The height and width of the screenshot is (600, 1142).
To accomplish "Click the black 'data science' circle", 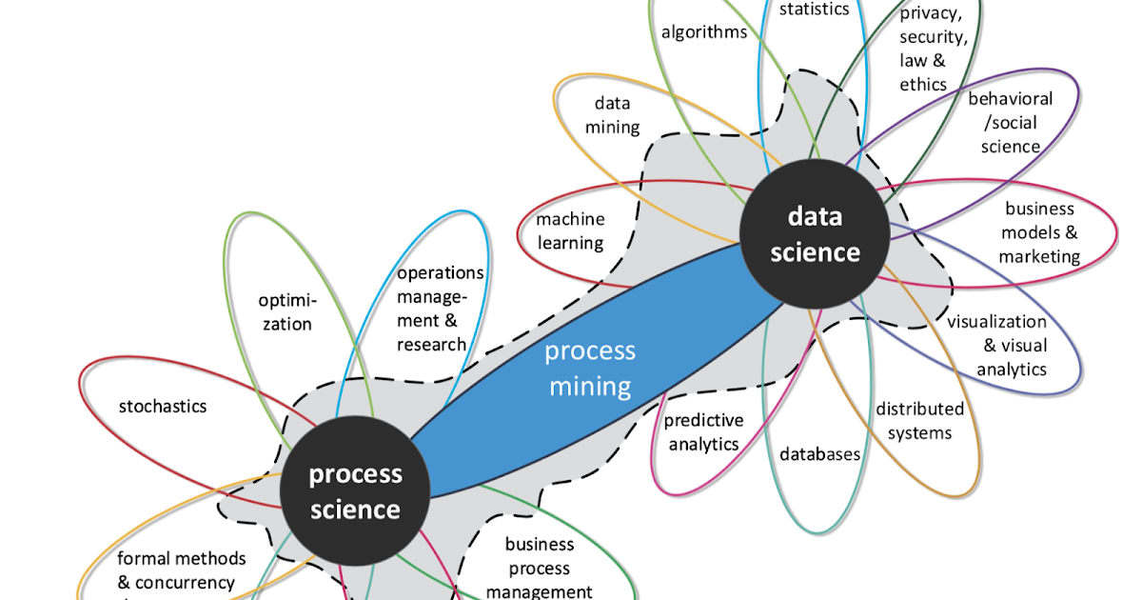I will click(x=815, y=234).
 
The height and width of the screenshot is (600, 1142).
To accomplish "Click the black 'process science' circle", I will click(x=354, y=491).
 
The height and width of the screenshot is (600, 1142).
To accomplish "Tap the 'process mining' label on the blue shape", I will click(x=589, y=368).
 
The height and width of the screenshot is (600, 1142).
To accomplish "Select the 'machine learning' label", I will click(x=570, y=230).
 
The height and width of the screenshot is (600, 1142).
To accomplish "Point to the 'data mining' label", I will click(x=612, y=114).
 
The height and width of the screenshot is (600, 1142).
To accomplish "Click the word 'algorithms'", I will click(x=704, y=31).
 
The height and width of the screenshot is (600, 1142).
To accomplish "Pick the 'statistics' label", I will click(x=814, y=10).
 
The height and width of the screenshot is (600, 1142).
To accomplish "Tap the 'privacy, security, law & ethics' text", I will click(x=934, y=49).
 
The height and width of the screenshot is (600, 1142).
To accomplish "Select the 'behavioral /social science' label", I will click(x=1010, y=122).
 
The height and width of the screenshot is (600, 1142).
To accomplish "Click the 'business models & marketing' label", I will click(x=1038, y=232).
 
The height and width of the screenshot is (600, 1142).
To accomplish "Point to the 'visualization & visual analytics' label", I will click(x=996, y=346).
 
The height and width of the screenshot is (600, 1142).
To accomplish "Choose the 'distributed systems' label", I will click(x=919, y=421).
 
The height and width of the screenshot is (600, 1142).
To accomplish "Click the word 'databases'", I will click(x=819, y=454).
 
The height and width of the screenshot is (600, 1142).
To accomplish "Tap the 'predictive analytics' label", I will click(x=703, y=431).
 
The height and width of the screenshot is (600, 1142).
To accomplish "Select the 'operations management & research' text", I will click(x=440, y=309).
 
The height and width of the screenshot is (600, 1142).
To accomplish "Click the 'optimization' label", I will click(x=286, y=312).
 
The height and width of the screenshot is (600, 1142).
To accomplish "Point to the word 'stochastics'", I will click(x=162, y=407).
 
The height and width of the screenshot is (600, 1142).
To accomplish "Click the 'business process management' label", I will click(x=540, y=569).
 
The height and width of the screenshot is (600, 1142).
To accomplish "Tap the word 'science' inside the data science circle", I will click(x=815, y=252).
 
